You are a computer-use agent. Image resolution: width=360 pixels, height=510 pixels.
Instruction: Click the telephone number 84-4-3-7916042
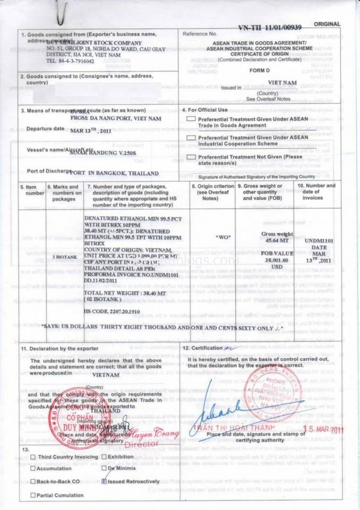point(70,61)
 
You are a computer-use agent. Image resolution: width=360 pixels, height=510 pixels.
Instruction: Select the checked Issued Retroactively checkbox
point(104,481)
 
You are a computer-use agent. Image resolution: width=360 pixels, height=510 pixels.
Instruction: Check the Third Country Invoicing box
point(33,457)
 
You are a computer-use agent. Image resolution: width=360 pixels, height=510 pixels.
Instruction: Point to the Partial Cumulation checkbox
point(33,495)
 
